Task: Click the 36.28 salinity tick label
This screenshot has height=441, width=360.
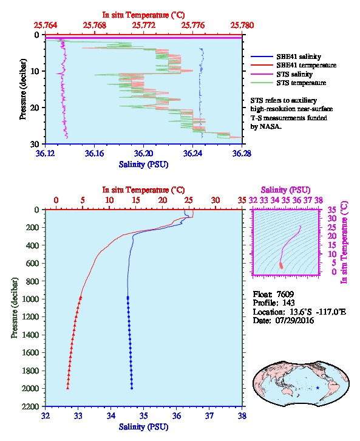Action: point(242,153)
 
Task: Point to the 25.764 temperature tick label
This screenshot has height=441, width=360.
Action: point(46,26)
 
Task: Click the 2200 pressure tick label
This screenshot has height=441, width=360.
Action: point(31,406)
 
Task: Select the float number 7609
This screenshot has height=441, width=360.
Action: point(285,294)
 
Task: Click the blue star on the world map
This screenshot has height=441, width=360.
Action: point(318,388)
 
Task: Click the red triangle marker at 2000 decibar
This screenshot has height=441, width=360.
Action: point(68,388)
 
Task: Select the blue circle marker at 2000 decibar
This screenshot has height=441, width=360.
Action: point(132,388)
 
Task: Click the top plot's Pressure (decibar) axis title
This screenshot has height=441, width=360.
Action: point(22,89)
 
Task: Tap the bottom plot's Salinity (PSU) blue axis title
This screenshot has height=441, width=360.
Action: point(144,427)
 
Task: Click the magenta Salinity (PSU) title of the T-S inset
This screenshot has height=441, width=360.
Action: point(285,190)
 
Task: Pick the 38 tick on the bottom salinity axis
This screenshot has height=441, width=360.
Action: point(242,415)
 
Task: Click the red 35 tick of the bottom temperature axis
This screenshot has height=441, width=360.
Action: point(242,200)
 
